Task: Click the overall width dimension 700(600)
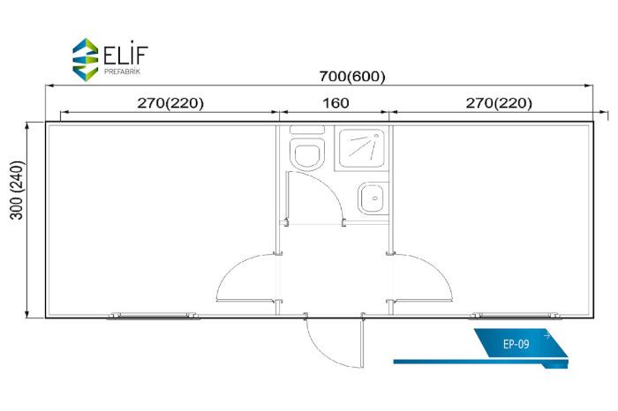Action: click(352, 76)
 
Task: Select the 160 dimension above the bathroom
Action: click(335, 103)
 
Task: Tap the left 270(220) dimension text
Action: click(170, 103)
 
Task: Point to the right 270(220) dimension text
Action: click(499, 103)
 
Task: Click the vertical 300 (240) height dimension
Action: click(17, 190)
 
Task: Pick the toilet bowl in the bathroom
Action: click(308, 153)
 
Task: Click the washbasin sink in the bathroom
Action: click(373, 198)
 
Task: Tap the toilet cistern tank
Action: click(307, 130)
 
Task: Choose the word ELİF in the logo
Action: click(125, 55)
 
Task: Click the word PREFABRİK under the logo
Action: click(122, 71)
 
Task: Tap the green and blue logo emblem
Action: click(85, 59)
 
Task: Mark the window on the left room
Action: click(153, 316)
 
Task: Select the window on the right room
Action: click(515, 316)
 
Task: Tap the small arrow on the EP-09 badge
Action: click(546, 336)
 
